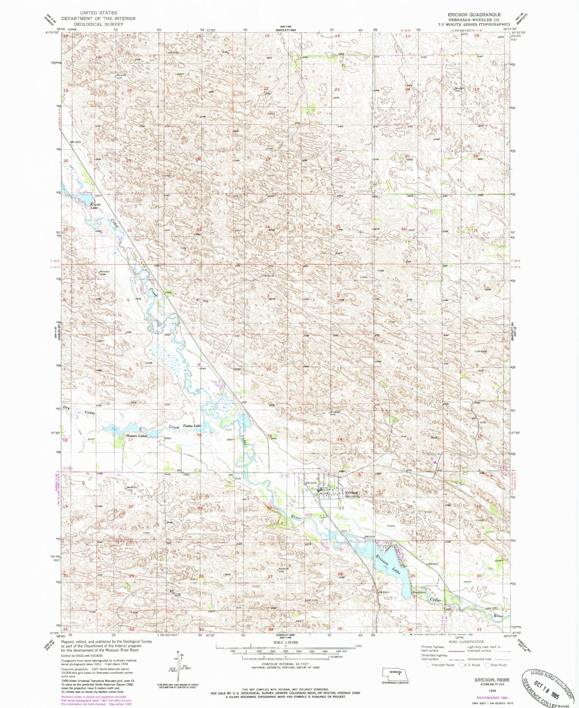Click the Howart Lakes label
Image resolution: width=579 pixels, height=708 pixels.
coord(136,436)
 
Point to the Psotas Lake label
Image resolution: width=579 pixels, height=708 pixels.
coord(192,426)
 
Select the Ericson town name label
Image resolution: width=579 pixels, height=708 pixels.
coord(351,493)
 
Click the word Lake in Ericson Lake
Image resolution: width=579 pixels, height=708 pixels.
coord(396,568)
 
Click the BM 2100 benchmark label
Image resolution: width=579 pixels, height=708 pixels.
coord(312,600)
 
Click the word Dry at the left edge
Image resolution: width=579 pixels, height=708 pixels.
coord(67,408)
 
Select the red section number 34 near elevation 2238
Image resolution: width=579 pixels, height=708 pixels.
coord(267,227)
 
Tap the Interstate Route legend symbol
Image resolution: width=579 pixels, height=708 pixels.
coord(428,665)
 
